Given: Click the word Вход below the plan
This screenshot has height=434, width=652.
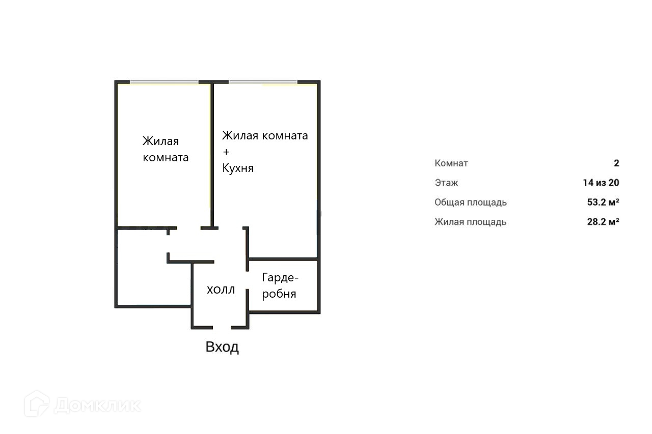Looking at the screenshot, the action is pyautogui.click(x=222, y=348).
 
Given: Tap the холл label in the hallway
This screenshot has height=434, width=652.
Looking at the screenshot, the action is pyautogui.click(x=221, y=290).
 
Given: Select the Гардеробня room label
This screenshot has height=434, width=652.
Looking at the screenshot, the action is pyautogui.click(x=280, y=285).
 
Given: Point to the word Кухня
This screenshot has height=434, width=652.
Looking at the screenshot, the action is pyautogui.click(x=238, y=168).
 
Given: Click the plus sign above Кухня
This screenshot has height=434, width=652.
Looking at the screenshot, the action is pyautogui.click(x=226, y=152).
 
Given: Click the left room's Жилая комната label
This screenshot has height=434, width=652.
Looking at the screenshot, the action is pyautogui.click(x=165, y=149).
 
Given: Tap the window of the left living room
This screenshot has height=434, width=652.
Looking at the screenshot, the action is pyautogui.click(x=164, y=82).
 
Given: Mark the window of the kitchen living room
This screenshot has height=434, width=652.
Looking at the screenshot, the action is pyautogui.click(x=263, y=82).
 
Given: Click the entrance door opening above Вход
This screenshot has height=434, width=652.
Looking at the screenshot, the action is pyautogui.click(x=222, y=327).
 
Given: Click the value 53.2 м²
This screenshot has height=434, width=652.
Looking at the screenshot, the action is pyautogui.click(x=603, y=202).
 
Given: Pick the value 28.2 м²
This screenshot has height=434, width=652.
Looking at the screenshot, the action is pyautogui.click(x=603, y=222).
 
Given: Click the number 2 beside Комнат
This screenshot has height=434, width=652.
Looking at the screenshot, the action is pyautogui.click(x=616, y=163).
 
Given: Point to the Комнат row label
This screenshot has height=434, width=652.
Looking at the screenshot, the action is pyautogui.click(x=451, y=163).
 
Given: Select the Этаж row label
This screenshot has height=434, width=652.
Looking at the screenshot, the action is pyautogui.click(x=446, y=183).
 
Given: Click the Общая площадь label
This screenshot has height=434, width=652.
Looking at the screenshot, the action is pyautogui.click(x=470, y=202).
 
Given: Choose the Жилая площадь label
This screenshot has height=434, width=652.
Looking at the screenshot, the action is pyautogui.click(x=470, y=222).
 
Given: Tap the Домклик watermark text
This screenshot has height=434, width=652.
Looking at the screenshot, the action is pyautogui.click(x=97, y=406).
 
